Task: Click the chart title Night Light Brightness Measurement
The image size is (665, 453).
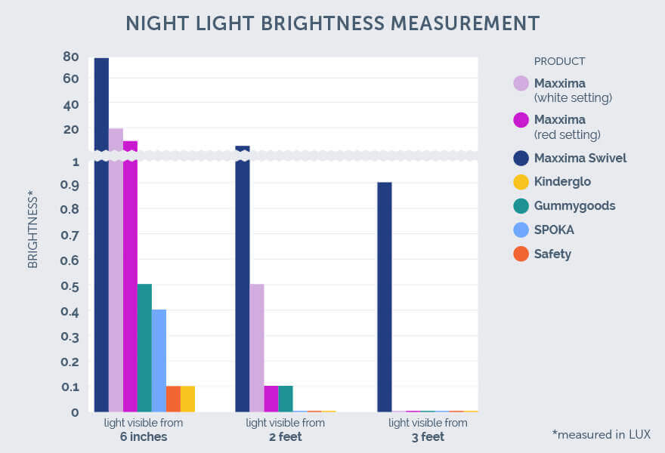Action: pyautogui.click(x=332, y=23)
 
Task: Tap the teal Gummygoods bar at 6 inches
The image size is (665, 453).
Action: pyautogui.click(x=144, y=347)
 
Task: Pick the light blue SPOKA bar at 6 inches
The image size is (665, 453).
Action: pyautogui.click(x=159, y=360)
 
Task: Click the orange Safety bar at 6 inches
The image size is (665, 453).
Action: pyautogui.click(x=173, y=399)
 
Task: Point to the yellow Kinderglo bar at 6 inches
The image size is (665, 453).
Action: pyautogui.click(x=187, y=399)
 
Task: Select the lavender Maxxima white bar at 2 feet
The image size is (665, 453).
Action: pyautogui.click(x=257, y=347)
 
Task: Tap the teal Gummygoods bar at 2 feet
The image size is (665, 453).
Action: pyautogui.click(x=286, y=399)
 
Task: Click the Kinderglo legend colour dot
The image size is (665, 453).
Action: pyautogui.click(x=521, y=182)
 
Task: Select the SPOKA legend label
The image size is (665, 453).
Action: pyautogui.click(x=555, y=230)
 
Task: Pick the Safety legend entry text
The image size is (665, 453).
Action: pyautogui.click(x=552, y=254)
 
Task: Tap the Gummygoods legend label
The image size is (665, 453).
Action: pyautogui.click(x=574, y=205)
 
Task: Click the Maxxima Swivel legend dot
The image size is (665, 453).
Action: pyautogui.click(x=521, y=158)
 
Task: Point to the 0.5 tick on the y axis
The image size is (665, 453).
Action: pyautogui.click(x=70, y=285)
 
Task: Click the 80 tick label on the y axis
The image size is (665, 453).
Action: pyautogui.click(x=71, y=57)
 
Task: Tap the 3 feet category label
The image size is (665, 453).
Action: pyautogui.click(x=428, y=437)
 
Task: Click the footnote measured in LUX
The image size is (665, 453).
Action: pyautogui.click(x=601, y=434)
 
